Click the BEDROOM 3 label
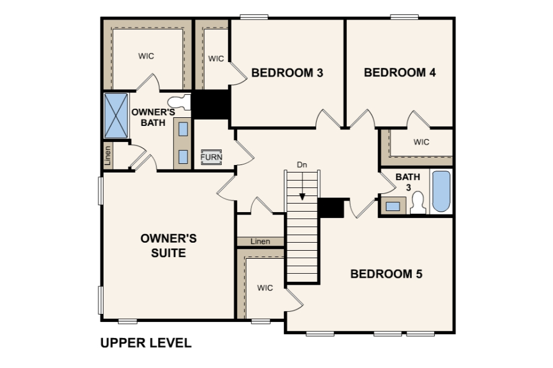[x=287, y=72]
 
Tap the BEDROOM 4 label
[x=400, y=72]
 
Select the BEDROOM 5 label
[x=386, y=274]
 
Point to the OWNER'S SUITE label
[x=169, y=246]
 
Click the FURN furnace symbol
[x=211, y=157]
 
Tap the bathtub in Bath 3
[x=441, y=191]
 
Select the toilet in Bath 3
[x=418, y=203]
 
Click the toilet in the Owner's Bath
[x=179, y=102]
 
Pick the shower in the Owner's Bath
[x=116, y=116]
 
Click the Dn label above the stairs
[x=302, y=164]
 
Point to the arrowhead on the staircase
[x=302, y=197]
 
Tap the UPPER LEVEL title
[x=146, y=343]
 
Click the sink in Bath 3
[x=393, y=206]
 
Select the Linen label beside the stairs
[x=260, y=241]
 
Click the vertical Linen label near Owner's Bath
[x=108, y=155]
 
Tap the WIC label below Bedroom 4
[x=422, y=142]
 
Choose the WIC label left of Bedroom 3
[x=216, y=59]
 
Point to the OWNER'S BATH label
[x=153, y=117]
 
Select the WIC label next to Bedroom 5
[x=265, y=288]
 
